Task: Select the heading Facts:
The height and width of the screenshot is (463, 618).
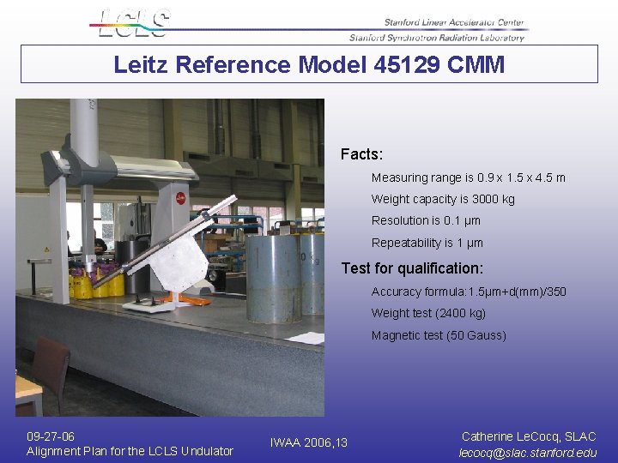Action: pos(361,154)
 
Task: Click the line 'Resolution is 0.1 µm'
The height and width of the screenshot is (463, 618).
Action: pos(426,220)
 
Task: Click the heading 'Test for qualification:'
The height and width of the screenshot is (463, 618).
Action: pos(412,268)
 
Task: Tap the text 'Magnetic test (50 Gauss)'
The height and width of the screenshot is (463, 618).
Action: pos(439,335)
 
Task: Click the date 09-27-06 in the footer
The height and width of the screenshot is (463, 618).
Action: pos(51,436)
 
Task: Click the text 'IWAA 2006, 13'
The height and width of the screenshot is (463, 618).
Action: pos(309,443)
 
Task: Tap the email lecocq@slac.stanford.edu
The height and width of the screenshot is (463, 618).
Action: pos(528,453)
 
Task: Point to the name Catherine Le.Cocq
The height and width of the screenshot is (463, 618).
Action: pos(512,436)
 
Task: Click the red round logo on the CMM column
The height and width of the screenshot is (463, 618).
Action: pos(181,198)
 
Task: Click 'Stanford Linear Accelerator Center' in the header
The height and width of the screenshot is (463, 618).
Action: pos(454,23)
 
